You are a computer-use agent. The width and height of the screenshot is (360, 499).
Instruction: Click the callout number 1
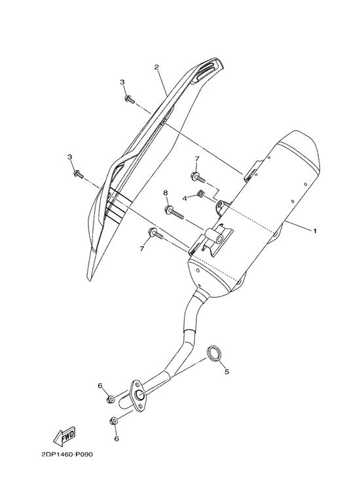coord(315,231)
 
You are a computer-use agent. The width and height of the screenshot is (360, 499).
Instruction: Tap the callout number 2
coord(156,67)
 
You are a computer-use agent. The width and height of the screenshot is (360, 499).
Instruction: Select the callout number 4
coord(185,198)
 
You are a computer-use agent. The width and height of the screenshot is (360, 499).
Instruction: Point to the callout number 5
coord(226,371)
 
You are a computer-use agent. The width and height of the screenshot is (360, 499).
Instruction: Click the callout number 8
coord(166,193)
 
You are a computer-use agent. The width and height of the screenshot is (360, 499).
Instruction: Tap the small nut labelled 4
coord(200,193)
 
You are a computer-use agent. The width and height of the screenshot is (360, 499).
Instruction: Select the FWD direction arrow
coord(64,435)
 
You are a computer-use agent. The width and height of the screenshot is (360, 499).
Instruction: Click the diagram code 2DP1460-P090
coord(67,454)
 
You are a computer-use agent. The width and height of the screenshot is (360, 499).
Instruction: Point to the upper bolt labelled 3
coord(130,99)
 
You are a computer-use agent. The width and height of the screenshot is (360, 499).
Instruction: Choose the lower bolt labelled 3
coord(79,174)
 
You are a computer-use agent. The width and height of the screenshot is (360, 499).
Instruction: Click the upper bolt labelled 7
coord(198,177)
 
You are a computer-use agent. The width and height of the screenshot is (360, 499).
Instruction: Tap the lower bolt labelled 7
coord(155,234)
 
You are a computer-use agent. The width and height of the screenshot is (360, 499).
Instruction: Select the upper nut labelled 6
coord(111,399)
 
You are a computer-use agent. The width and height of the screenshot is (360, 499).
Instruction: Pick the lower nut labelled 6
coord(113,421)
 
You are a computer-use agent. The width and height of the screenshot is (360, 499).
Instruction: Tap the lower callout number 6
coord(117,439)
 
